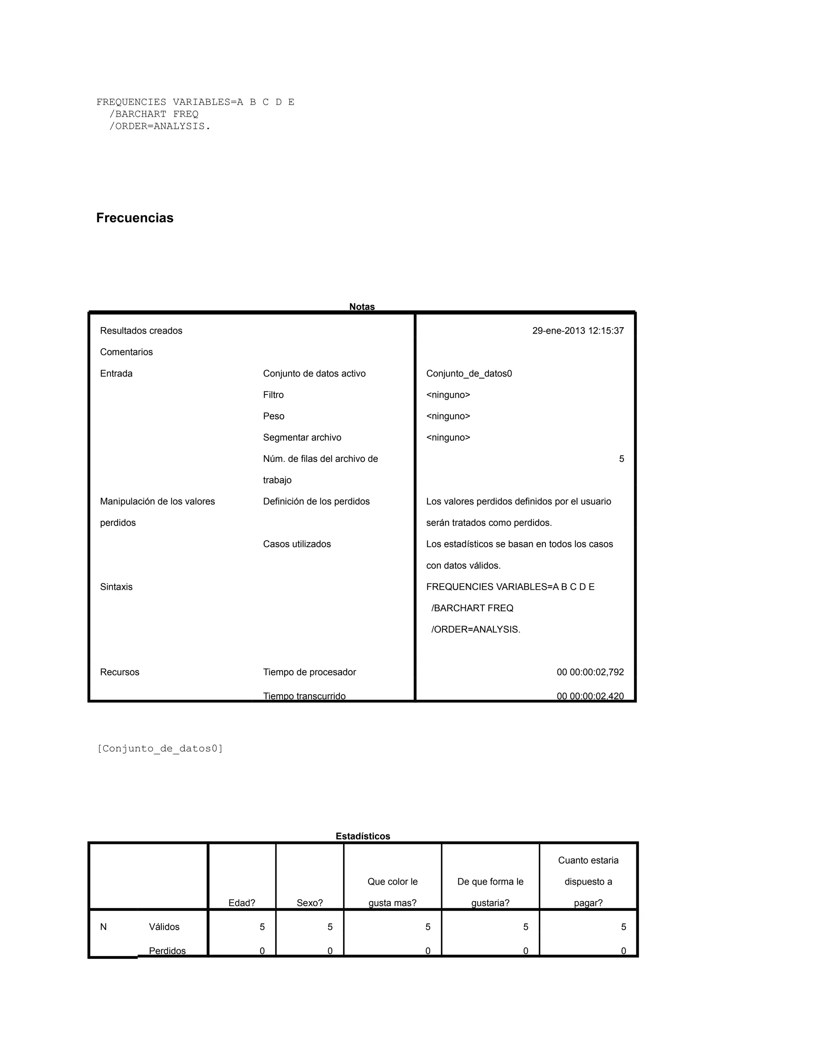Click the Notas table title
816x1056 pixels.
pos(362,306)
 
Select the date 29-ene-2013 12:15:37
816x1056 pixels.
pos(578,331)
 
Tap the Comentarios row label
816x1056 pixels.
pos(126,352)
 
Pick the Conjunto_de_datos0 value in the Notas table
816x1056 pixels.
pos(469,373)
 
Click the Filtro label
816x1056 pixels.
pos(273,395)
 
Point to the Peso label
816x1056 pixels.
pos(274,416)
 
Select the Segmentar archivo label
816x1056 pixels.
pos(302,437)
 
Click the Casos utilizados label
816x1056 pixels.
pos(297,544)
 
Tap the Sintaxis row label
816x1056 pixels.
pos(116,587)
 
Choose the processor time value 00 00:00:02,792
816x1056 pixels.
pos(590,672)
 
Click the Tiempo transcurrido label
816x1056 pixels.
pos(304,696)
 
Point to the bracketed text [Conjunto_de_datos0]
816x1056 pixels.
pos(160,748)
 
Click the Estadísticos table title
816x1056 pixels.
pos(363,836)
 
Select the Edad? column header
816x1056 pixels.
pos(242,903)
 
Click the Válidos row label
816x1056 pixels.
pos(164,927)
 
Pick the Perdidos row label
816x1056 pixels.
pos(167,950)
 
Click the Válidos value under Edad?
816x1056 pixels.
pos(262,927)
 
